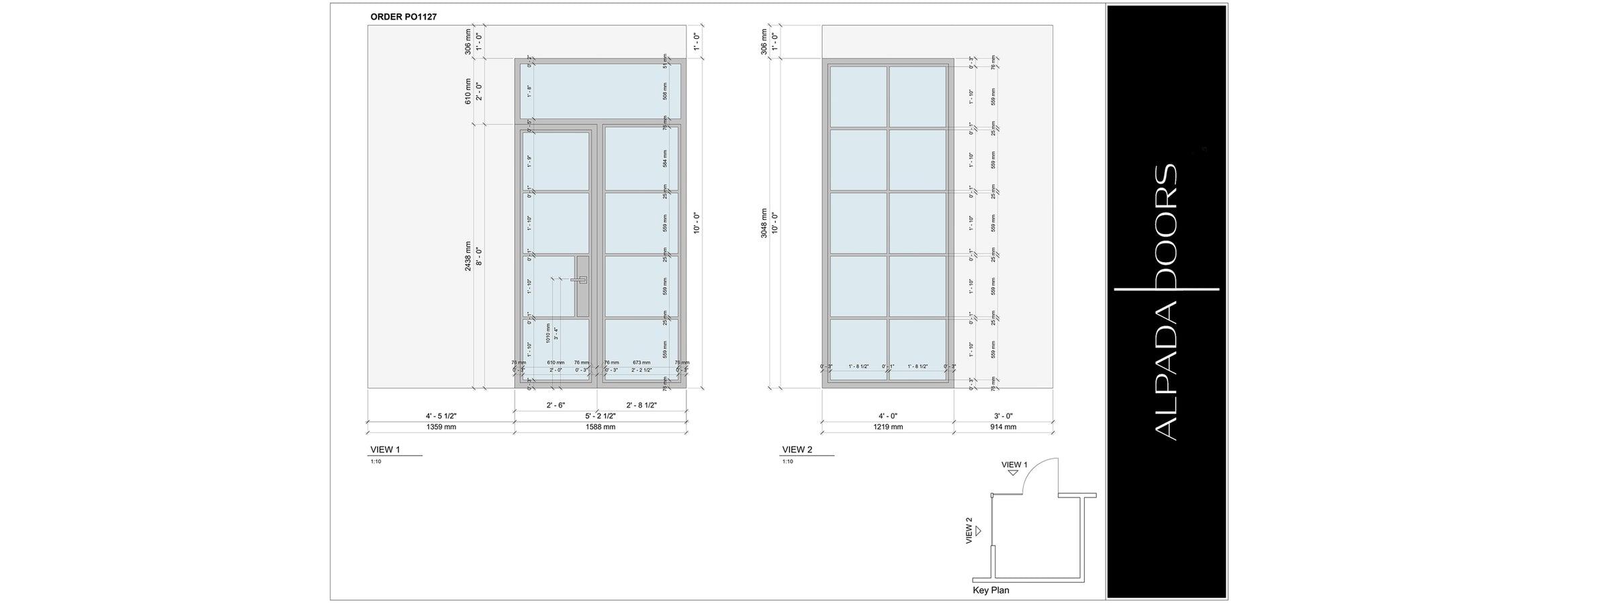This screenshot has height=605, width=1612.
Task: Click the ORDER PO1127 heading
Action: coord(403,17)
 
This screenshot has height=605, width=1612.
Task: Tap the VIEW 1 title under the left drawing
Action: coord(385,450)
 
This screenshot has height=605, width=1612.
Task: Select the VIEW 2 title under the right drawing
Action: coord(797,450)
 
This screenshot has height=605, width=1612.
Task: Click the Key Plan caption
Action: coord(991,591)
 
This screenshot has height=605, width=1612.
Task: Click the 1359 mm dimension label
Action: coord(441,427)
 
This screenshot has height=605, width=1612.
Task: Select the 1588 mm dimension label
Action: coord(600,427)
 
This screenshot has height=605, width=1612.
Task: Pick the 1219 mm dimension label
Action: coord(888,427)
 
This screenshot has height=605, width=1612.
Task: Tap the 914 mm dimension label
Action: coord(1003,427)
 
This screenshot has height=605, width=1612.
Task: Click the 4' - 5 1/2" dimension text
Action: coord(441,416)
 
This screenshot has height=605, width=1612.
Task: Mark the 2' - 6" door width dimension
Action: coord(555,405)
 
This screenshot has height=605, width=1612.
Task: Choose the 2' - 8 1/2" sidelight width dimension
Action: coord(641,405)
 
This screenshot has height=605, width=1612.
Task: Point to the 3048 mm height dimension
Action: coord(764,223)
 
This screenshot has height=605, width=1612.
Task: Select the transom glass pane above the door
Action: coord(600,91)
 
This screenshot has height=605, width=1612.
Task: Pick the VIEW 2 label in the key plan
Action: coord(969,530)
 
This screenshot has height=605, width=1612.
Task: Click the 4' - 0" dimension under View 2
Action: coord(888,416)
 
